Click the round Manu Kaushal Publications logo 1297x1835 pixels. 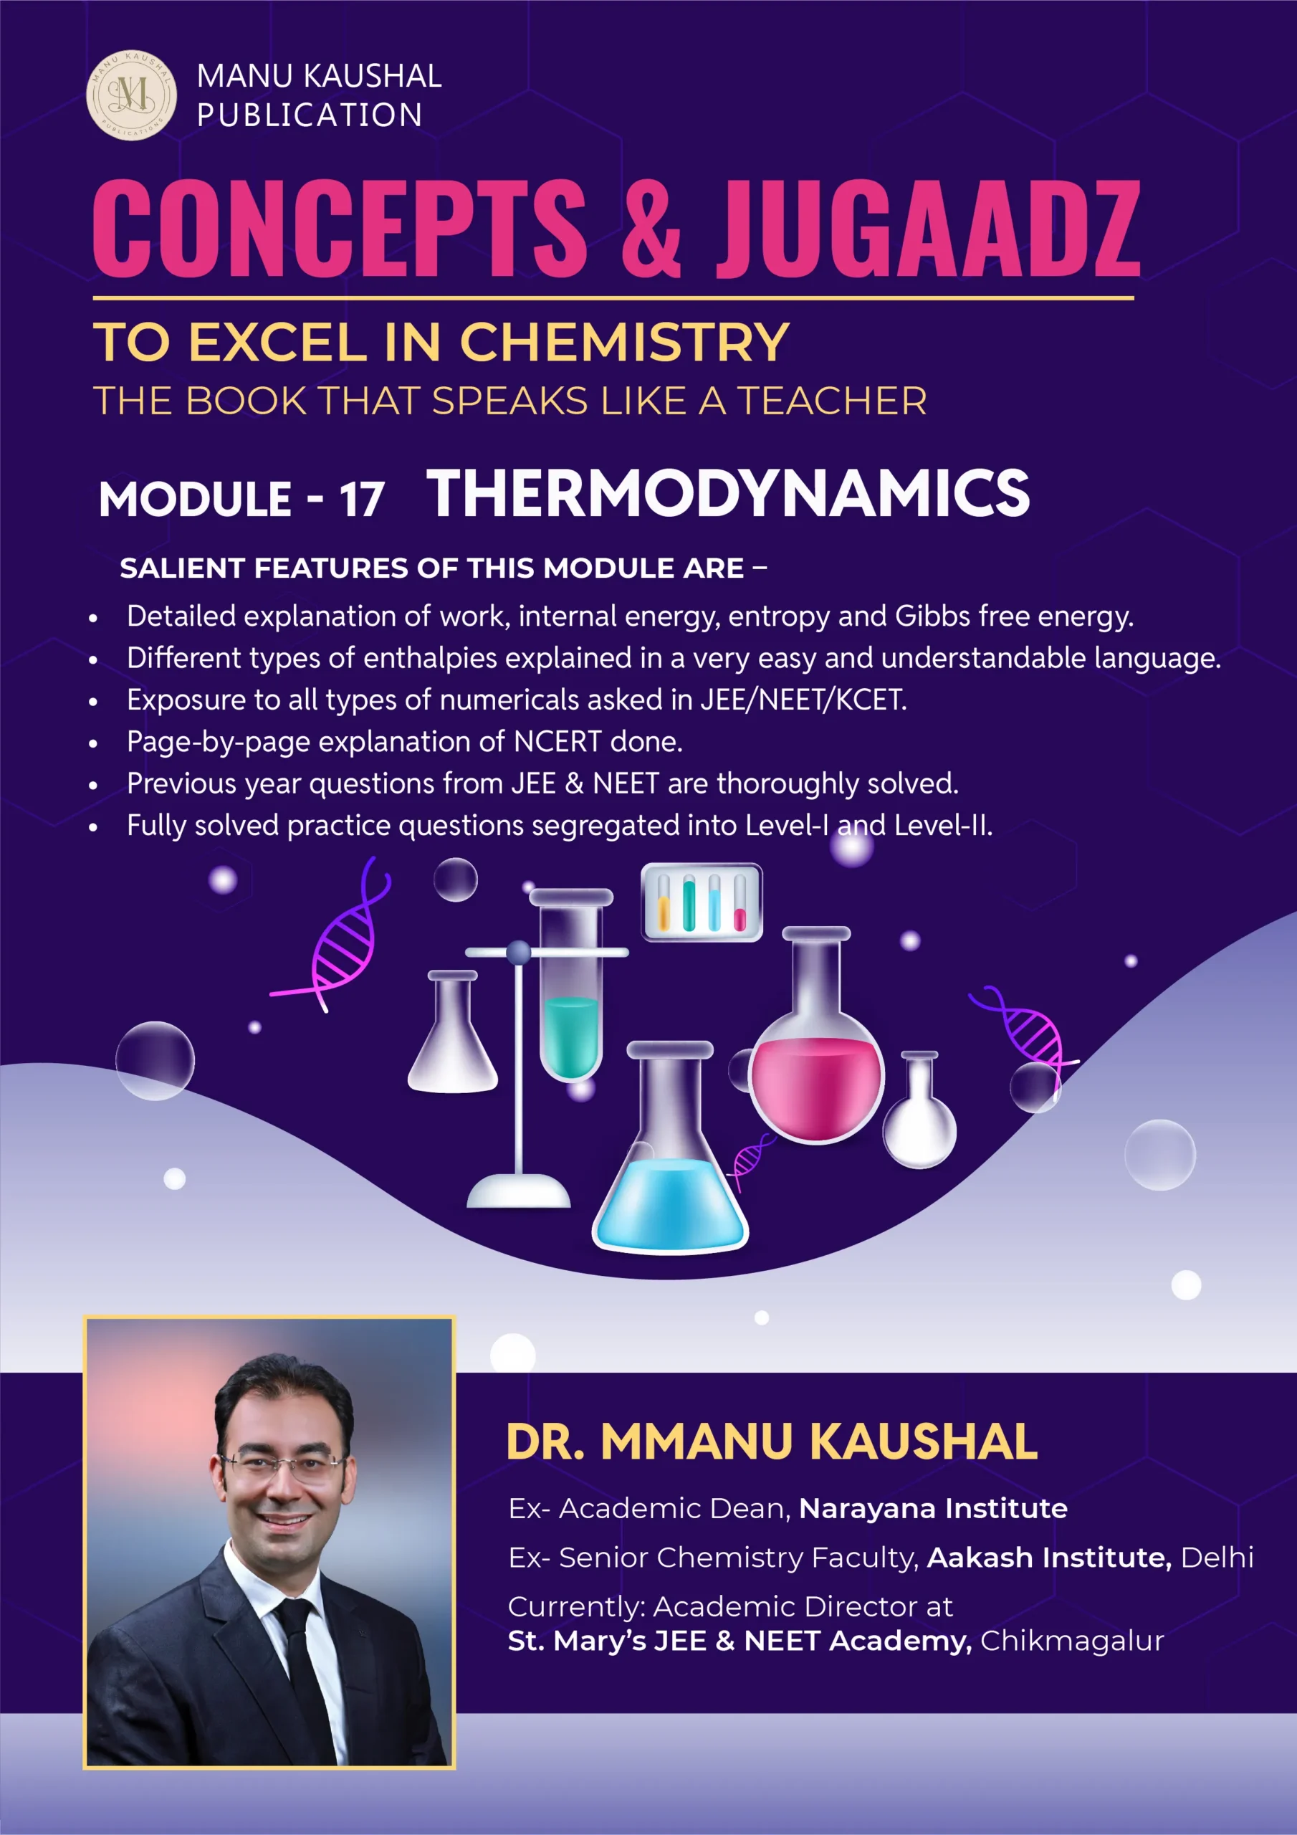(132, 95)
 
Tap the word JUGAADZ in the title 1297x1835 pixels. (928, 229)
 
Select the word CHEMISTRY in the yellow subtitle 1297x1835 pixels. (624, 342)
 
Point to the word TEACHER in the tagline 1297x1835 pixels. (831, 401)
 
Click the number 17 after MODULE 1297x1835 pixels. (362, 500)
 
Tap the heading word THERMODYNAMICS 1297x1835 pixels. (728, 492)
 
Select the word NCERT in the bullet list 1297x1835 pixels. (557, 742)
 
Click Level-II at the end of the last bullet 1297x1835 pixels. (943, 825)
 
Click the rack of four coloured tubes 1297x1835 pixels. (702, 902)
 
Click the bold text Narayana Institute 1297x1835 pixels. (932, 1508)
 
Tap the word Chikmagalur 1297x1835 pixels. (1072, 1640)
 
